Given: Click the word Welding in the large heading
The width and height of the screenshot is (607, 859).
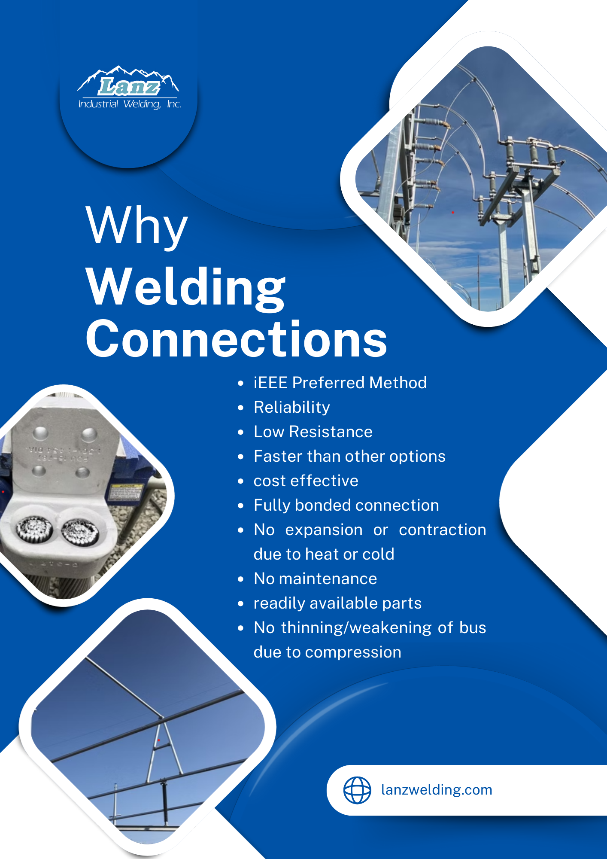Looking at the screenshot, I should coord(185,287).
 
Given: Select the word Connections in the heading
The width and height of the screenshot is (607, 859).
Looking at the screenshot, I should coord(236,339).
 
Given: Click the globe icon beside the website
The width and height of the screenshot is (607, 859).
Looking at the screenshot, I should coord(357,790).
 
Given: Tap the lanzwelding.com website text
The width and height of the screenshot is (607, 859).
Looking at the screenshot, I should coord(437,790).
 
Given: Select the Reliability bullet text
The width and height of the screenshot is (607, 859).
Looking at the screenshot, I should coord(292,407).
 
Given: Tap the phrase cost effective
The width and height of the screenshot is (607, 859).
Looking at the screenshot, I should coord(306,481).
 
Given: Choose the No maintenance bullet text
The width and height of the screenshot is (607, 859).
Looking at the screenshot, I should coord(315,579).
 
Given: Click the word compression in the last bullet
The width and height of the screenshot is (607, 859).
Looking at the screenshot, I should coord(353,652).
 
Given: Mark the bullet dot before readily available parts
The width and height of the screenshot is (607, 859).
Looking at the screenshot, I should coord(241,603).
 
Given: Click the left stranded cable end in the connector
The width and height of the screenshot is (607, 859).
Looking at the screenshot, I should coord(34,527).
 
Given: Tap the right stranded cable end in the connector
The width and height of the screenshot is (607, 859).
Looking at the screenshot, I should coord(80,531).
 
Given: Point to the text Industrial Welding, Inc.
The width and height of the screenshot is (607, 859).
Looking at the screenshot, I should coord(130,104).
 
